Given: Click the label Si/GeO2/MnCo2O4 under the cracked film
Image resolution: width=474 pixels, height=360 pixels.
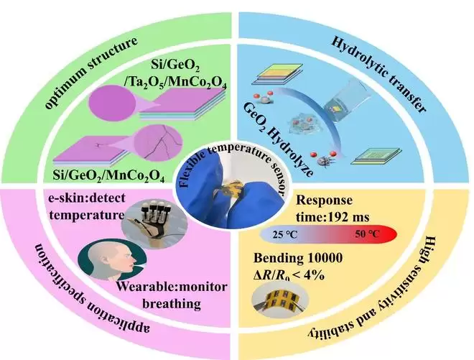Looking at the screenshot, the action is point(108,175).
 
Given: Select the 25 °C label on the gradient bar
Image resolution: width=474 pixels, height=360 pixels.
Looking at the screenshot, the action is point(284,234).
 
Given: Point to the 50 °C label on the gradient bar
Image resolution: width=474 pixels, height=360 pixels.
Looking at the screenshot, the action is point(367,234).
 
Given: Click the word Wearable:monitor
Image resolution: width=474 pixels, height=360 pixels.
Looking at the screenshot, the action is point(172,287).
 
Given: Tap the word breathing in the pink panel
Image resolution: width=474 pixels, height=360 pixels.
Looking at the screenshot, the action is point(172,303).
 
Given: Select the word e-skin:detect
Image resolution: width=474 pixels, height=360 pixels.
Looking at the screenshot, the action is point(87,198).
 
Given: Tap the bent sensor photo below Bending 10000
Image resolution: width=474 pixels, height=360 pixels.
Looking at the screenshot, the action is point(280,298).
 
